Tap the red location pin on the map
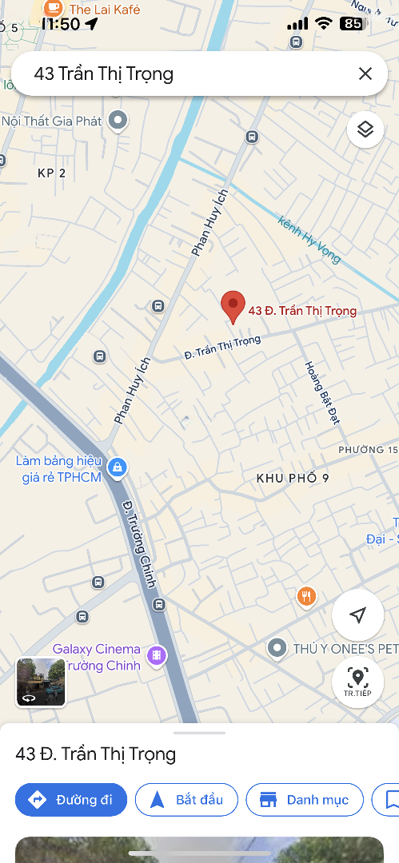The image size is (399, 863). click(x=233, y=305)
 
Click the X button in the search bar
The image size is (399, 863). click(x=365, y=74)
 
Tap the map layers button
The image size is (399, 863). click(x=365, y=129)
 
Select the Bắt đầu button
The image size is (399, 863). click(x=186, y=799)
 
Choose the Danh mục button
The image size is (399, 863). click(x=305, y=799)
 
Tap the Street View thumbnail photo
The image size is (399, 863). click(x=41, y=682)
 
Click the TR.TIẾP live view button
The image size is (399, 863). click(x=357, y=682)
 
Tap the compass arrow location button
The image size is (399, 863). click(x=357, y=614)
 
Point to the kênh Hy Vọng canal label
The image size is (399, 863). click(x=309, y=239)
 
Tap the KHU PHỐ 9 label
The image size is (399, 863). click(x=293, y=478)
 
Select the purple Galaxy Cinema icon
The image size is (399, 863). click(x=157, y=656)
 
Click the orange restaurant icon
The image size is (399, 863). click(x=306, y=595)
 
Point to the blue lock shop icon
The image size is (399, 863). click(x=118, y=467)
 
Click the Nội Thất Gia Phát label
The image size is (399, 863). click(x=53, y=121)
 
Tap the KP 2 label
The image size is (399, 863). click(x=51, y=173)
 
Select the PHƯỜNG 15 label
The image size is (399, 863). click(x=367, y=450)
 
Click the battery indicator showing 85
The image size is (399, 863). click(x=353, y=24)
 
